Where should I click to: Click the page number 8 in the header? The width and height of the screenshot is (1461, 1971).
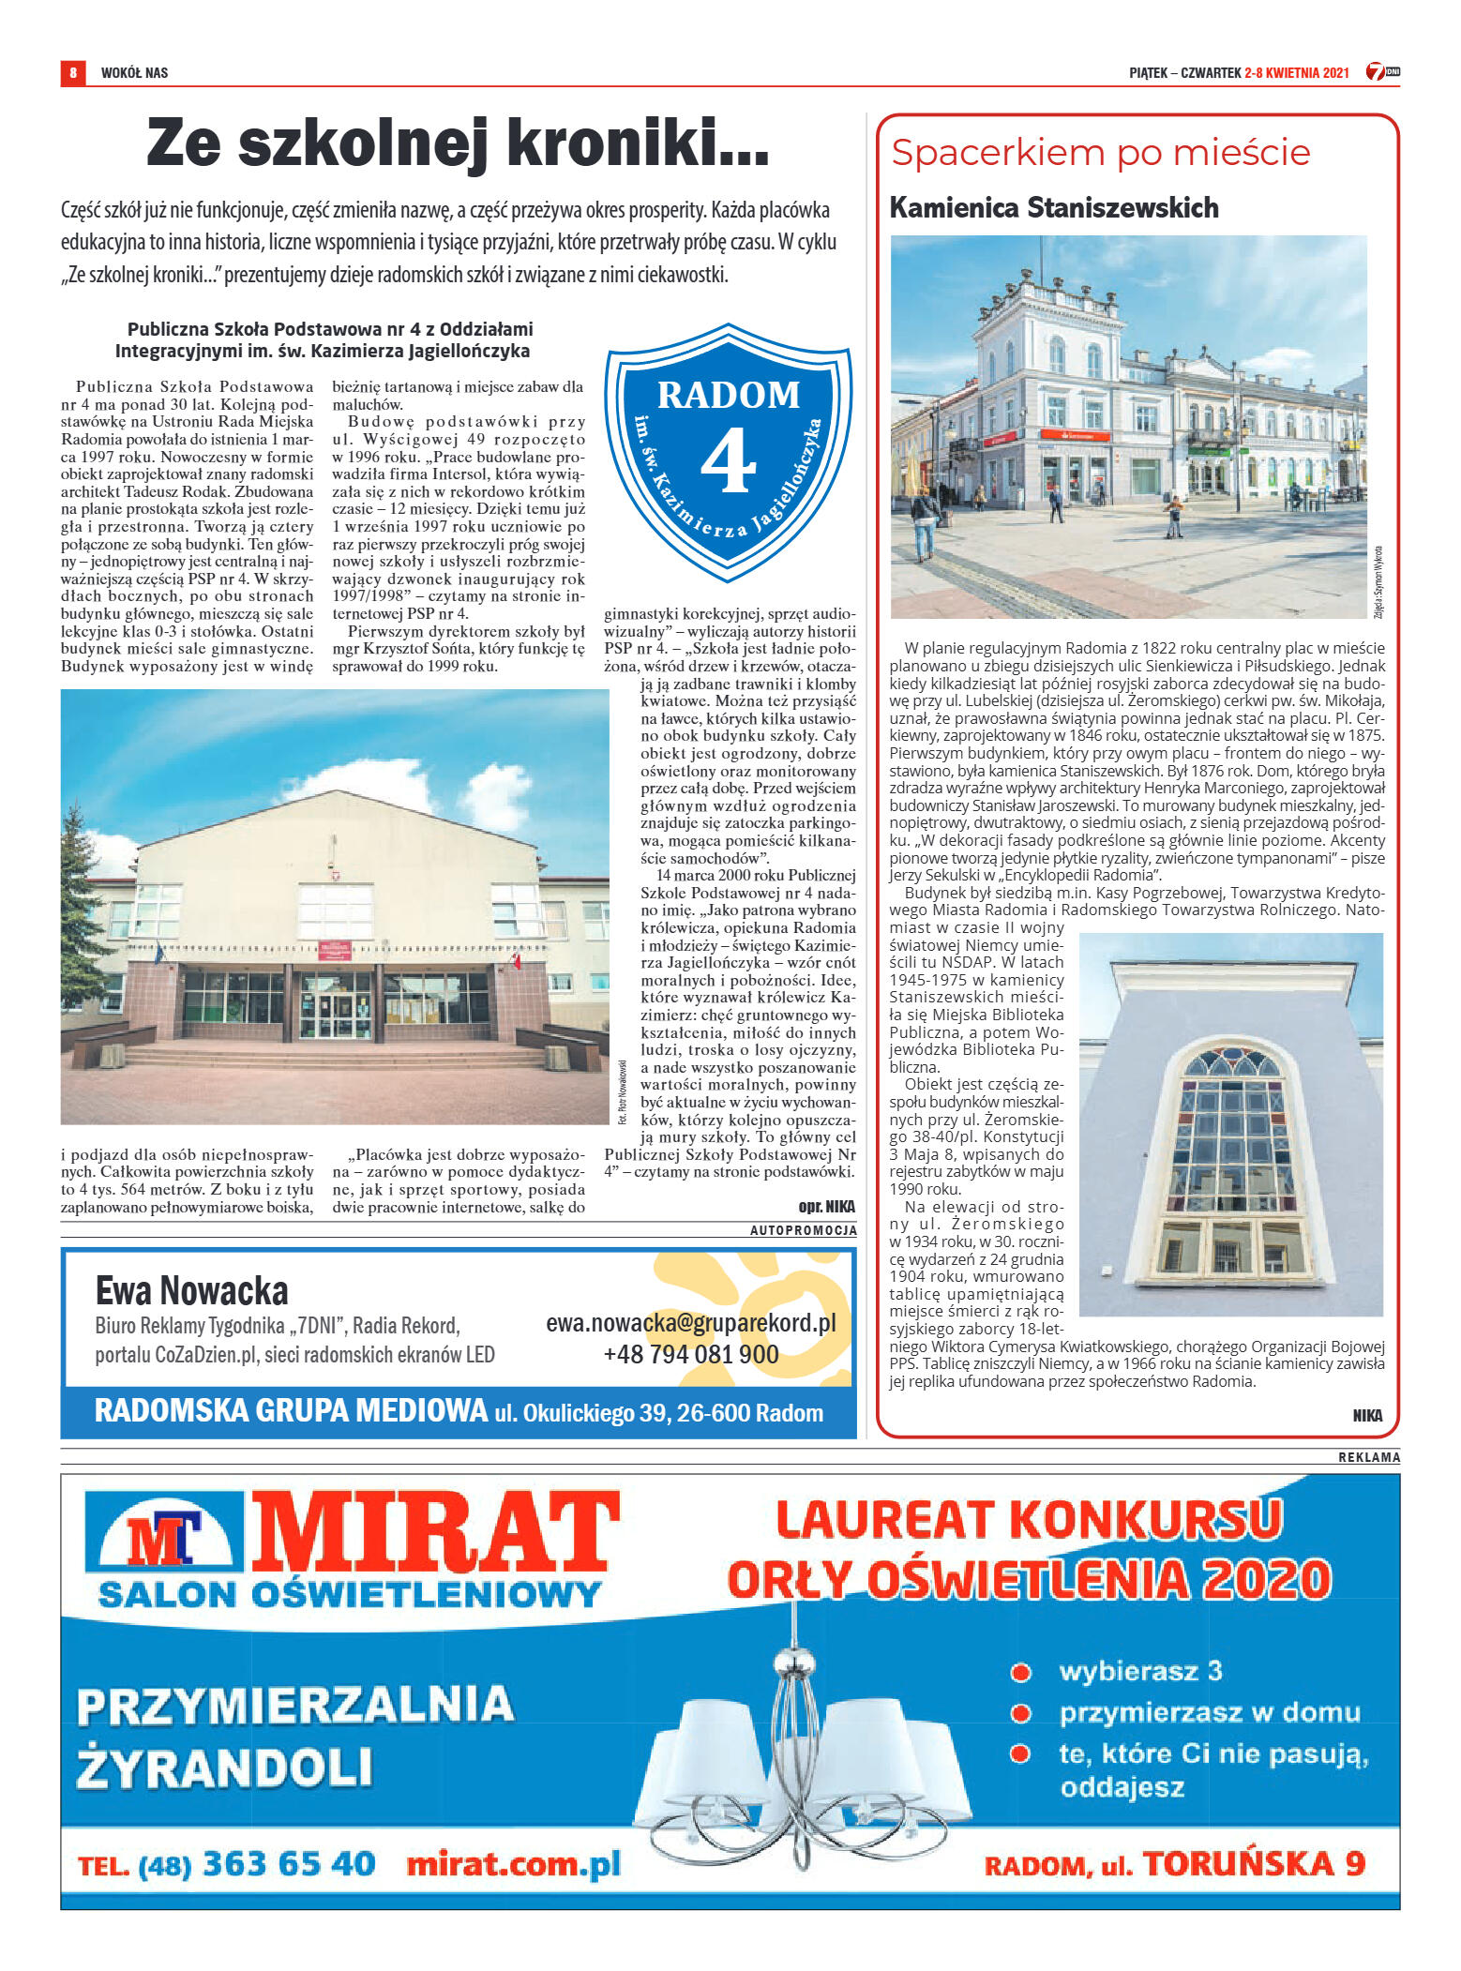click(72, 72)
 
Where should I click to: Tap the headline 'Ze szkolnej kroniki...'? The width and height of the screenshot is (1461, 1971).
click(458, 143)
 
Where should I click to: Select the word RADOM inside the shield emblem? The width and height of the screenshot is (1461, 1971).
click(729, 395)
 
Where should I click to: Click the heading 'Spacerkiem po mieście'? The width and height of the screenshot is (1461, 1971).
click(1100, 153)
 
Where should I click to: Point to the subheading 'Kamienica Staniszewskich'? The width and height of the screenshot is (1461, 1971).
click(1053, 207)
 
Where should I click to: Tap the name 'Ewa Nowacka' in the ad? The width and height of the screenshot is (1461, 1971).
click(191, 1290)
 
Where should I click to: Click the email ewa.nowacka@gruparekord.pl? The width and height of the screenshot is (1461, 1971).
click(691, 1322)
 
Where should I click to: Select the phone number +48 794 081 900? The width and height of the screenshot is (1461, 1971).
click(691, 1354)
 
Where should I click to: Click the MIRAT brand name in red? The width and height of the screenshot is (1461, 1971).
click(436, 1535)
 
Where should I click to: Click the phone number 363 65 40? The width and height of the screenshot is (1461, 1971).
click(289, 1862)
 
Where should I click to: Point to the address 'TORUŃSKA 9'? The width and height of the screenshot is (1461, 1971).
click(1253, 1862)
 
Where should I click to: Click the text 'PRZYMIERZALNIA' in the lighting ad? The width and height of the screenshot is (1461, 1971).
click(295, 1705)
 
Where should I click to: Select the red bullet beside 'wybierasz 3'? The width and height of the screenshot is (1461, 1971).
click(1020, 1672)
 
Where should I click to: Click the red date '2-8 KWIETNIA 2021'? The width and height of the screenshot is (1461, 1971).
click(1296, 72)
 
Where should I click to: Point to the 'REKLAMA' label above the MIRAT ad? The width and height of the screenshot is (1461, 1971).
click(1368, 1457)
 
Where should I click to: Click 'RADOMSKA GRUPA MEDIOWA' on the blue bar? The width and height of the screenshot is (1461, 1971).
click(291, 1411)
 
